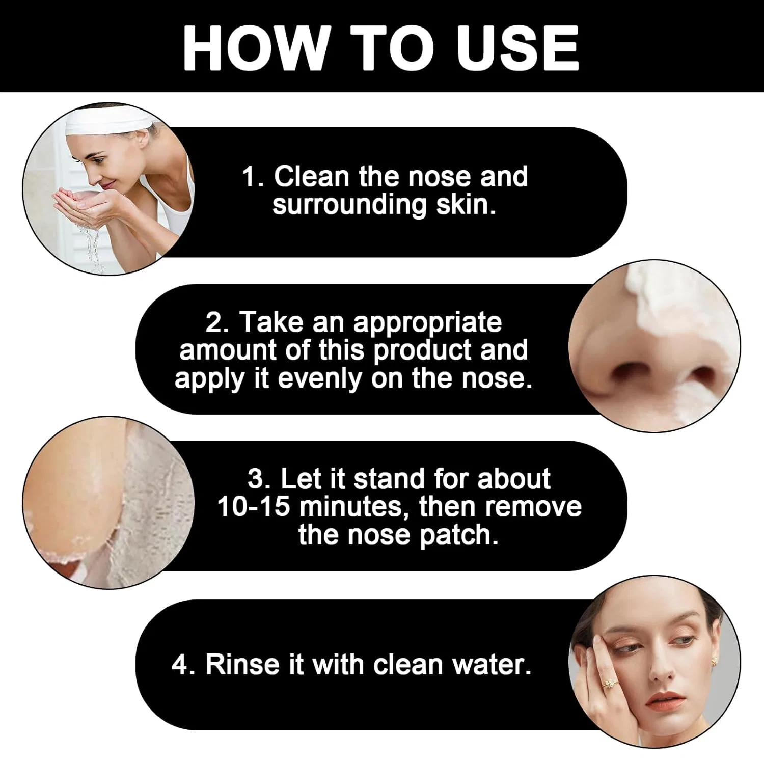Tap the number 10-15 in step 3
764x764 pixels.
254,507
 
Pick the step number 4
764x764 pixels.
180,665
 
